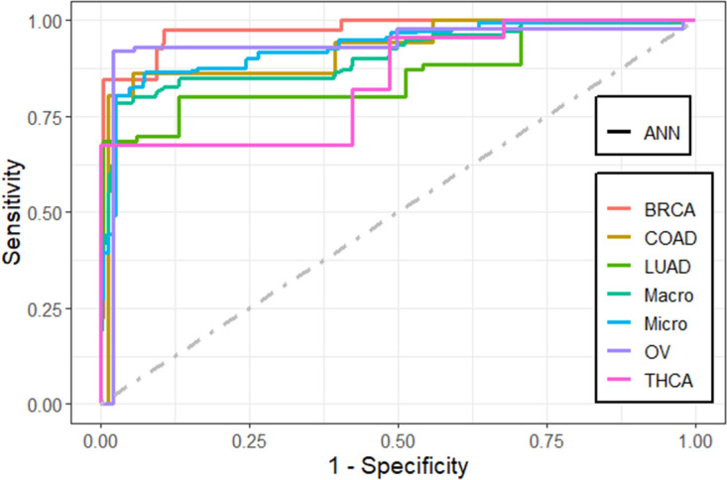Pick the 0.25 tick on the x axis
(x=249, y=437)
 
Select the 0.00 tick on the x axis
(x=101, y=437)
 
